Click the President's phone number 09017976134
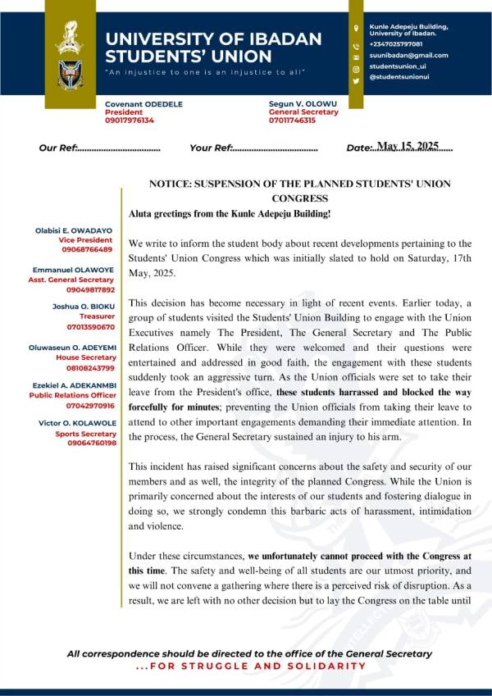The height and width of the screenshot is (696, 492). (x=130, y=121)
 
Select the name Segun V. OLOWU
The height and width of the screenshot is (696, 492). (x=303, y=103)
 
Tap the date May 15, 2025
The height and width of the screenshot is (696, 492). (x=407, y=146)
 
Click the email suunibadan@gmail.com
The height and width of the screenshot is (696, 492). (x=408, y=55)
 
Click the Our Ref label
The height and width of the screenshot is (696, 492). (x=57, y=148)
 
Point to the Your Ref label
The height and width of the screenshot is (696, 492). (x=211, y=148)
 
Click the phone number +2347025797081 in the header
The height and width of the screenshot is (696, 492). (x=396, y=43)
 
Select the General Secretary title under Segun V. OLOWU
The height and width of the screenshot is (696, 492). (x=303, y=111)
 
